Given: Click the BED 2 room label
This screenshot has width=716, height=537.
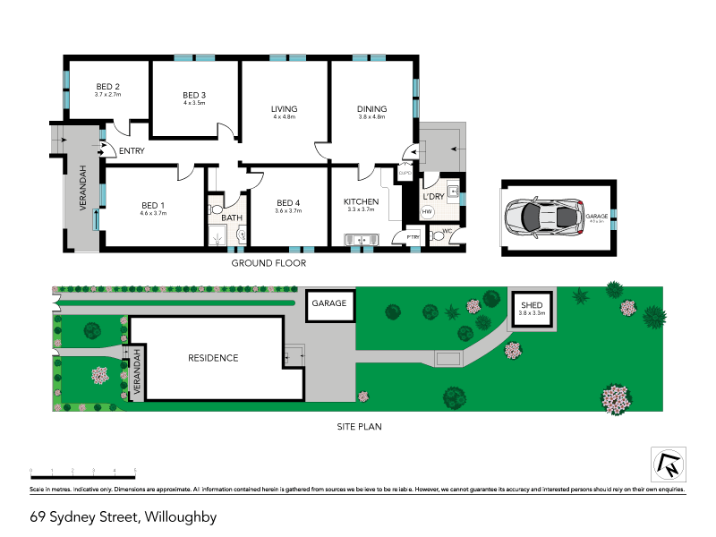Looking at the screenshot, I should tap(107, 86).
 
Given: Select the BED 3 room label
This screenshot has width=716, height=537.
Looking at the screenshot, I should tap(194, 95).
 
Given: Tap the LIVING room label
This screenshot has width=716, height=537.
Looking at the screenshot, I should tap(285, 109).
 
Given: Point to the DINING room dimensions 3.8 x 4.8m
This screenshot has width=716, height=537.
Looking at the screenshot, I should tap(371, 117).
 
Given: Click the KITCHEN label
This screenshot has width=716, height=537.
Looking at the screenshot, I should tap(362, 202).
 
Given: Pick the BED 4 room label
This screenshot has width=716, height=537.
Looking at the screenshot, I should tap(289, 202).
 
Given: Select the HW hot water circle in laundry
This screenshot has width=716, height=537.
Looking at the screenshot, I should tap(427, 212).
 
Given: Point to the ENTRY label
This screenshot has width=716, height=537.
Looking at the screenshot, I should tap(131, 151).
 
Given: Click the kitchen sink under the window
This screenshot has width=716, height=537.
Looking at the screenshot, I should tap(362, 238).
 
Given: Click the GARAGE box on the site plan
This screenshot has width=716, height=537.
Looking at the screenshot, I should tap(329, 304).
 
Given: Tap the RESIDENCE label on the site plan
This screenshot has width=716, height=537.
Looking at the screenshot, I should tap(213, 358).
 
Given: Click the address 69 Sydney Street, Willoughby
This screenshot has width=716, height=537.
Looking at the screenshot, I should tap(123, 516).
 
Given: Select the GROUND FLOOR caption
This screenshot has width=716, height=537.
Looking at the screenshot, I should tap(268, 263).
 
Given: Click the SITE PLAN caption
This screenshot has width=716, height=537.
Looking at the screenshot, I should tap(357, 427).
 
